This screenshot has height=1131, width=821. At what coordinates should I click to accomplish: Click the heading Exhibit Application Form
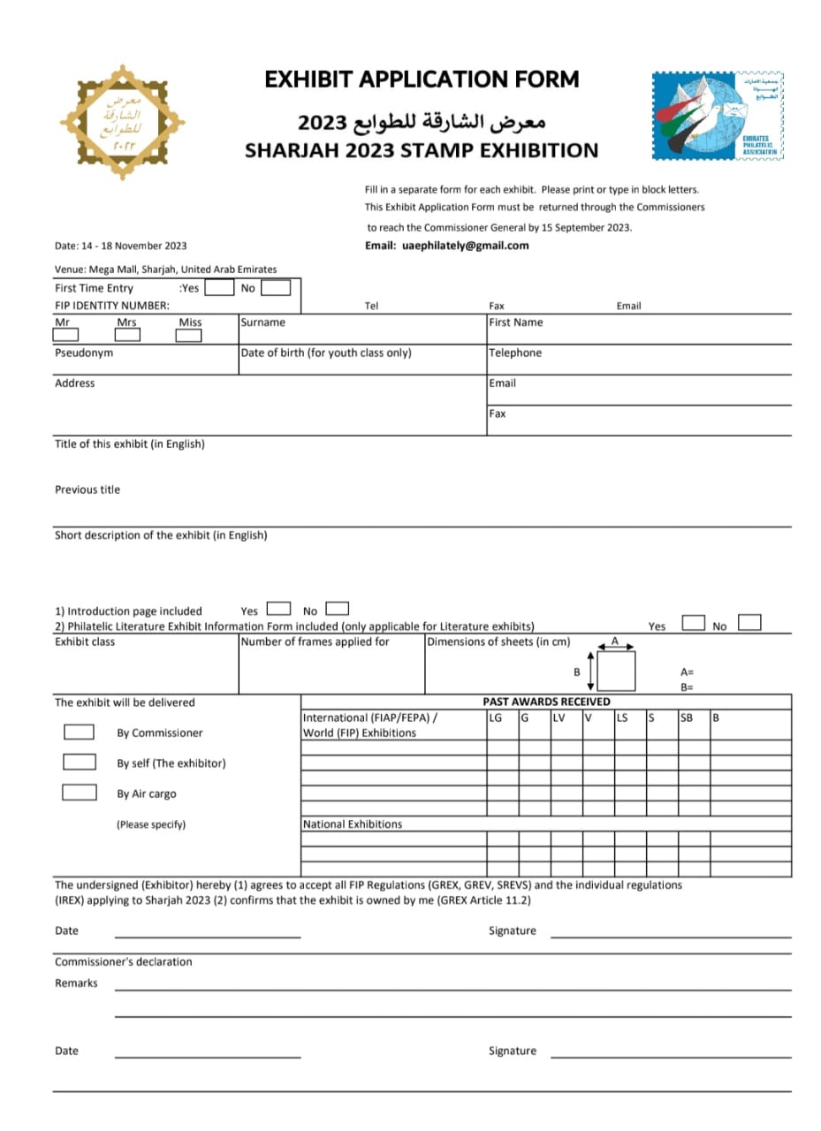click(x=422, y=80)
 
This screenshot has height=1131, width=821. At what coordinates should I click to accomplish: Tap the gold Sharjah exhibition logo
click(x=122, y=122)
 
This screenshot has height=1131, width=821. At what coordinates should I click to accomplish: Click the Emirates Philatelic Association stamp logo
click(x=718, y=116)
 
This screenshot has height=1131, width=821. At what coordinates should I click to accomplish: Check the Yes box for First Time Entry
click(x=220, y=287)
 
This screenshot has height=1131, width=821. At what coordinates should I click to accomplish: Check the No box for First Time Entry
click(x=276, y=287)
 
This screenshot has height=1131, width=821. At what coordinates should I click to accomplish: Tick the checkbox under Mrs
click(x=127, y=335)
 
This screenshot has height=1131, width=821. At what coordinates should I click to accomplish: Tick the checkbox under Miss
click(x=188, y=335)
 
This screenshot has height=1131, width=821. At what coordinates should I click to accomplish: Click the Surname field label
click(x=263, y=323)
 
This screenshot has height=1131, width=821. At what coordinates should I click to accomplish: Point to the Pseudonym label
click(x=84, y=353)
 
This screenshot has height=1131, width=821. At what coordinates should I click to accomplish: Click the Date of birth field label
click(x=326, y=353)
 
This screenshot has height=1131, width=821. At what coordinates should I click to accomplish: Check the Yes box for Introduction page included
click(x=279, y=608)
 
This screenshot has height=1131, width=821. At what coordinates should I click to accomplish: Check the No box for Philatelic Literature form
click(x=749, y=623)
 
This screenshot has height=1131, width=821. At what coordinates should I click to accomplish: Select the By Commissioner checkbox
click(x=79, y=732)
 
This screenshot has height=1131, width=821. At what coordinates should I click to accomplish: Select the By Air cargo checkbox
click(x=79, y=792)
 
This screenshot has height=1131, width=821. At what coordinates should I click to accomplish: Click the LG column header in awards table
click(x=496, y=717)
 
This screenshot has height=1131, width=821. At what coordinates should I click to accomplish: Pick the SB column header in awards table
click(x=687, y=717)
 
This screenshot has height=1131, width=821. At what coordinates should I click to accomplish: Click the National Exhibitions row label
click(x=352, y=824)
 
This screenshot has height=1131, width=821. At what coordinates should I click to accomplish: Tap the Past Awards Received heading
click(x=546, y=702)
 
